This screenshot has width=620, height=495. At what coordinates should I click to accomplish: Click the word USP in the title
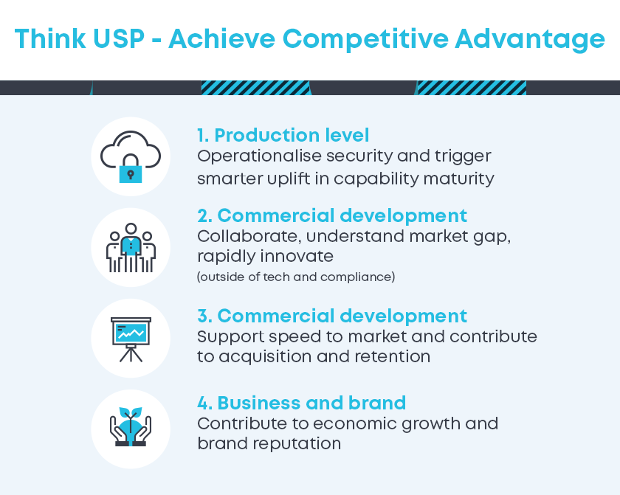119,38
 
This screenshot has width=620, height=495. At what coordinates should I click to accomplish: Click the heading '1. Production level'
283,135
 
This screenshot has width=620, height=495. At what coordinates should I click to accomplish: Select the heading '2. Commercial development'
332,216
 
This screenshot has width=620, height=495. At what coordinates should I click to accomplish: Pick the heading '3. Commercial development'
332,316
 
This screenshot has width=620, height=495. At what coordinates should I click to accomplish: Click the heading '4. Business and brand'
302,403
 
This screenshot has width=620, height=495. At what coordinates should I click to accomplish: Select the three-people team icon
131,248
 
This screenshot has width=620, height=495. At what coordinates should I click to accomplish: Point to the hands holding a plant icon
131,426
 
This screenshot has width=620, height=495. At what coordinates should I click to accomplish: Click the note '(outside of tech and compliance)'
296,277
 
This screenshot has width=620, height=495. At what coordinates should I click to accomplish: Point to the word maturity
458,179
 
